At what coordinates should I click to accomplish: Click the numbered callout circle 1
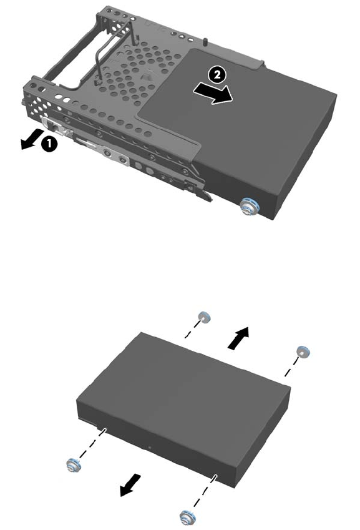tap(49, 144)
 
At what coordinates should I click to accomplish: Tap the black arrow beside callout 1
tap(31, 138)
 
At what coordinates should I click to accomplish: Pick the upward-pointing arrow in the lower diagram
tap(239, 338)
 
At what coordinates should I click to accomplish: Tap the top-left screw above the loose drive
tap(204, 317)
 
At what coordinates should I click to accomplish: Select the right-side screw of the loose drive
tap(303, 352)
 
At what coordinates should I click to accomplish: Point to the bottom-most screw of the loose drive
tap(187, 518)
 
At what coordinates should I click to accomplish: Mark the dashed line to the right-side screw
tap(291, 368)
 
